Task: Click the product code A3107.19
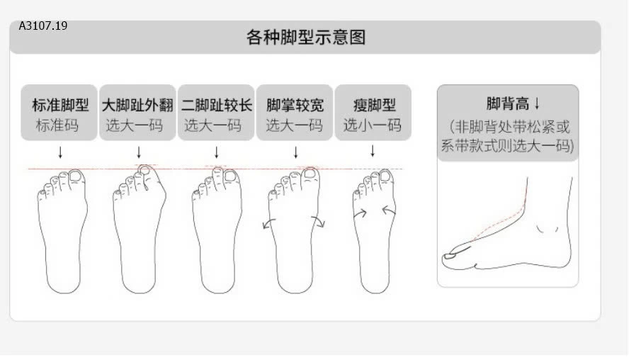[43, 26]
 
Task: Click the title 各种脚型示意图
[306, 37]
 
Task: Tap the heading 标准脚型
[60, 105]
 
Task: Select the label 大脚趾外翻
[137, 105]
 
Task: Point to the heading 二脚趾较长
[217, 105]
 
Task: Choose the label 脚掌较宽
[295, 105]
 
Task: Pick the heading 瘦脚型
[374, 105]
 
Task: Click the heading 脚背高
[508, 103]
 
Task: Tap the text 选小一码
[373, 125]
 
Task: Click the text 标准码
[57, 125]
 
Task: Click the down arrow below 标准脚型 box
[60, 152]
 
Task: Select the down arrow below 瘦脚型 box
[373, 151]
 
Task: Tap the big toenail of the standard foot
[76, 176]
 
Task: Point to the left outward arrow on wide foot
[268, 223]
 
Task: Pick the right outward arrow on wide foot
[318, 222]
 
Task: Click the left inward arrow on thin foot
[360, 213]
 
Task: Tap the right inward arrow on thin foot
[389, 210]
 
